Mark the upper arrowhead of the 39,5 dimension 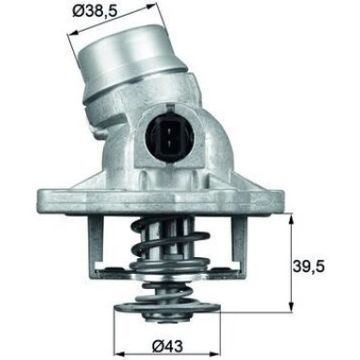coord(291,218)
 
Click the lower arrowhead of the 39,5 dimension coord(291,313)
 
